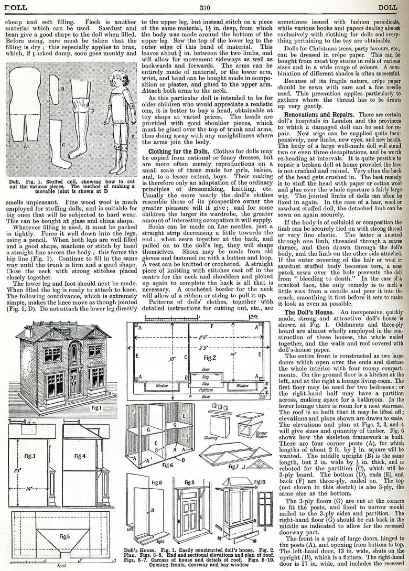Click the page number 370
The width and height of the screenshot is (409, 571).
[204, 7]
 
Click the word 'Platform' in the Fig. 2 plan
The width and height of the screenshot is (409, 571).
[206, 390]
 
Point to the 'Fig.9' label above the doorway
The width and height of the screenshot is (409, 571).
[190, 482]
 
